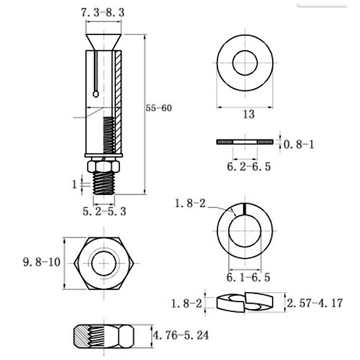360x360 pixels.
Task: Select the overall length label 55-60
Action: pyautogui.click(x=159, y=108)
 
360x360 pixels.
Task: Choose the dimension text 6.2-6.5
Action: pyautogui.click(x=248, y=167)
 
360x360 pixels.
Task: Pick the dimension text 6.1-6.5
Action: pyautogui.click(x=248, y=278)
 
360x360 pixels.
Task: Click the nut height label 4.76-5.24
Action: pyautogui.click(x=181, y=335)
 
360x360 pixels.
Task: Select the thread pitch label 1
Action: pyautogui.click(x=75, y=183)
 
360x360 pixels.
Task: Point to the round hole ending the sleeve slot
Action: pyautogui.click(x=96, y=93)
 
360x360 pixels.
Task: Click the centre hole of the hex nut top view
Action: pyautogui.click(x=104, y=262)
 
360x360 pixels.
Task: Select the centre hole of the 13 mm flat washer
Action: pyautogui.click(x=245, y=62)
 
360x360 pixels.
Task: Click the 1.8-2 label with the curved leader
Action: pyautogui.click(x=190, y=204)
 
